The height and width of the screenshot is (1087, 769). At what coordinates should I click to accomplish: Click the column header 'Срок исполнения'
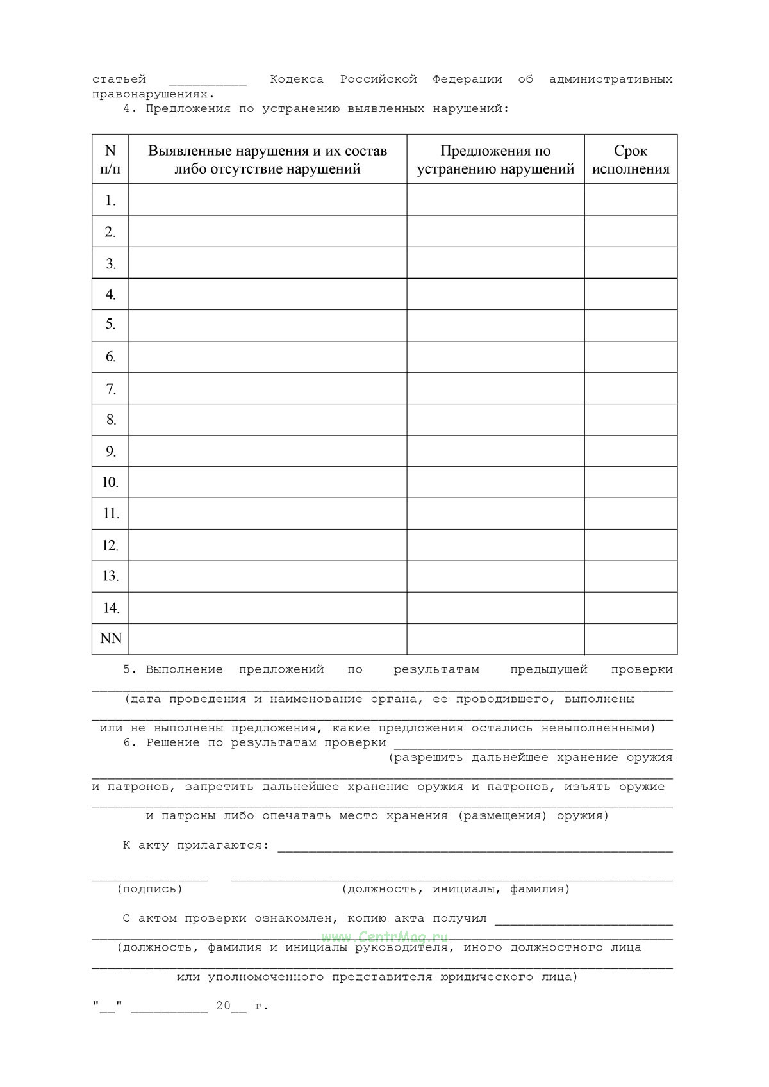click(x=631, y=159)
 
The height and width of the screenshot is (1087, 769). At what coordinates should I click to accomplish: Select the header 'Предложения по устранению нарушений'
click(x=495, y=159)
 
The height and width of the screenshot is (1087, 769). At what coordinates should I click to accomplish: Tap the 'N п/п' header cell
click(x=110, y=159)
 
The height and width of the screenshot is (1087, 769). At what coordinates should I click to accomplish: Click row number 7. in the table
click(x=110, y=389)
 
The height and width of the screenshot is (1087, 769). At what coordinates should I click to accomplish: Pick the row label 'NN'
click(x=110, y=639)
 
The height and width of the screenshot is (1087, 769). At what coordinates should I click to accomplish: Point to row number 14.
click(x=110, y=607)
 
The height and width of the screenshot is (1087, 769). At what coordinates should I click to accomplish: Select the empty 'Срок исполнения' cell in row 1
click(x=631, y=200)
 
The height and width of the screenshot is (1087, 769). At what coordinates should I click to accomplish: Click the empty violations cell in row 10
click(x=267, y=482)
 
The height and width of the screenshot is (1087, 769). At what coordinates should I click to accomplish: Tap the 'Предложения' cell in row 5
click(x=495, y=325)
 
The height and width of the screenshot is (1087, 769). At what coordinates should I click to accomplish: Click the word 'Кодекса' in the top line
click(x=296, y=79)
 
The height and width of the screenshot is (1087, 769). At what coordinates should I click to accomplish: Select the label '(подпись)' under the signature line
click(x=149, y=889)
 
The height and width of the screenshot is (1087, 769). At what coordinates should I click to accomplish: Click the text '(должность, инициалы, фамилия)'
click(x=456, y=889)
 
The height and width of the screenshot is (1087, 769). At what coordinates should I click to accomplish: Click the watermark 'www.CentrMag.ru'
click(x=384, y=936)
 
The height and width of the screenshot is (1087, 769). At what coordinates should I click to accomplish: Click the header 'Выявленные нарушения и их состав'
click(x=267, y=151)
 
